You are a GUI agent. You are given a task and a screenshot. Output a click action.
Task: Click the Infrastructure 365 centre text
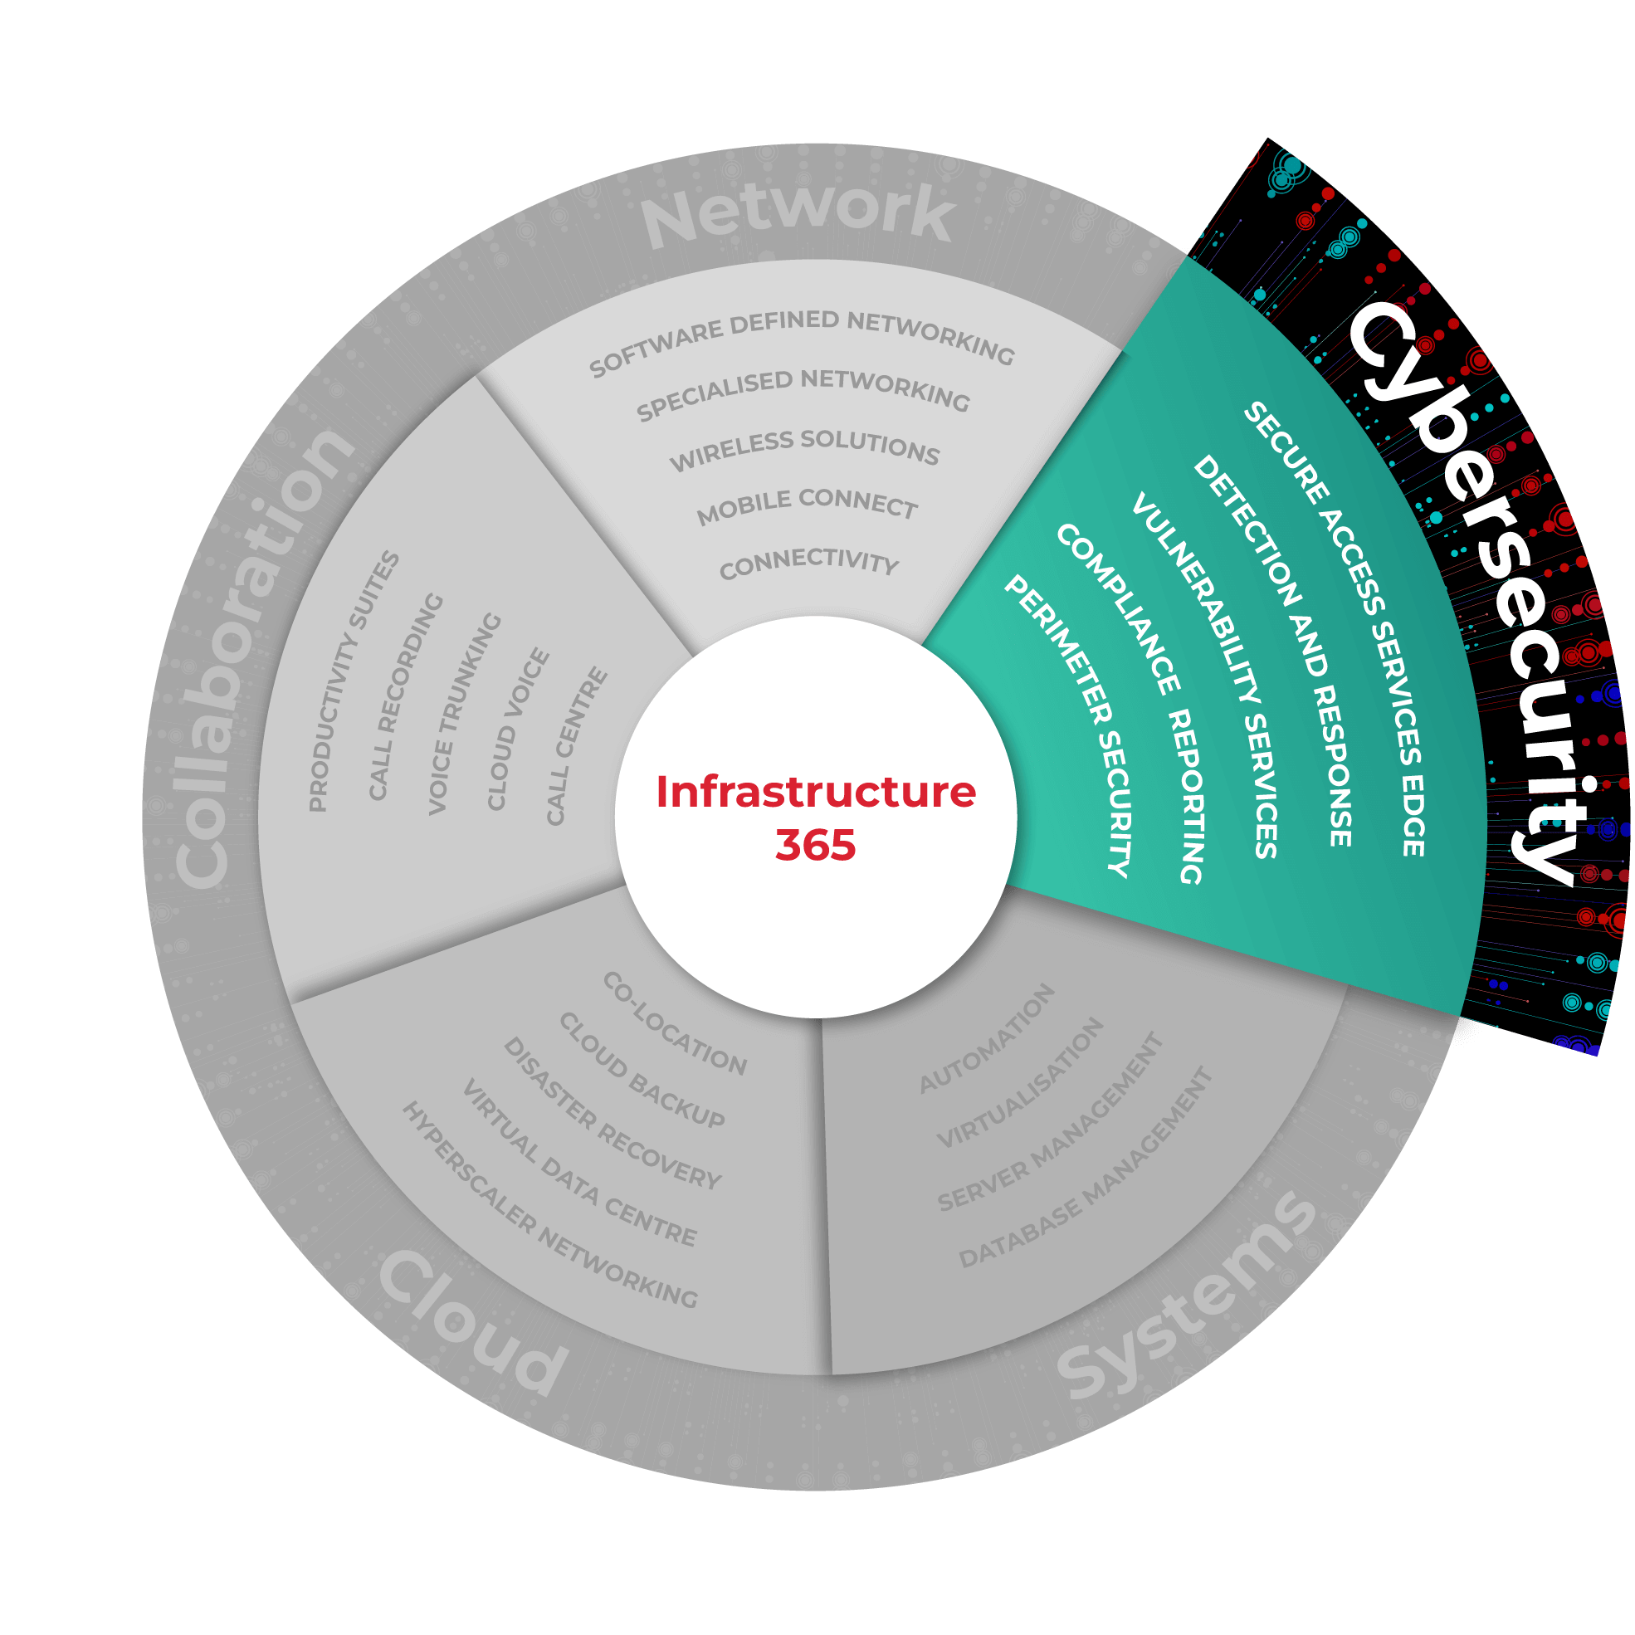pos(816,817)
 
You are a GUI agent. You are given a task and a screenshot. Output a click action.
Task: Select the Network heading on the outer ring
pos(798,215)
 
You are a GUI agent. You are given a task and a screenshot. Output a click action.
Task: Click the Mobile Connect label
pos(806,506)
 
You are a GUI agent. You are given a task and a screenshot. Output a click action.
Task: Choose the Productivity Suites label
pos(353,681)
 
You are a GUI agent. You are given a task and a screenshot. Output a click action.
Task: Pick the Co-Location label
pos(675,1023)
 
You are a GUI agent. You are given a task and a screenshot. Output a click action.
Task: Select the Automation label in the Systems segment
pos(987,1038)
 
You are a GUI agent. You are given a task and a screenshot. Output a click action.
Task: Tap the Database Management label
pos(1086,1169)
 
